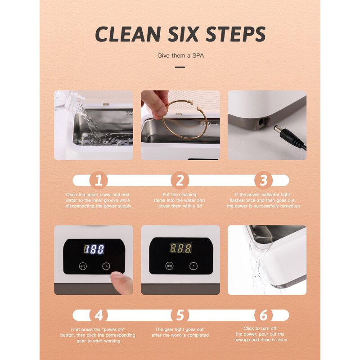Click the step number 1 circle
tap(99, 180)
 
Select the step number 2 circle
tap(180, 180)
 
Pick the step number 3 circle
tap(263, 180)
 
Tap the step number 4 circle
tap(99, 315)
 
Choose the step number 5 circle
tap(180, 315)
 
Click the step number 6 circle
tap(263, 315)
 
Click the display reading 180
tap(94, 249)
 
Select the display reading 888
tap(180, 248)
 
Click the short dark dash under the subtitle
tap(180, 67)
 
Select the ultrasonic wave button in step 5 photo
tap(169, 265)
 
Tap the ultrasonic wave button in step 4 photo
tap(83, 265)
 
